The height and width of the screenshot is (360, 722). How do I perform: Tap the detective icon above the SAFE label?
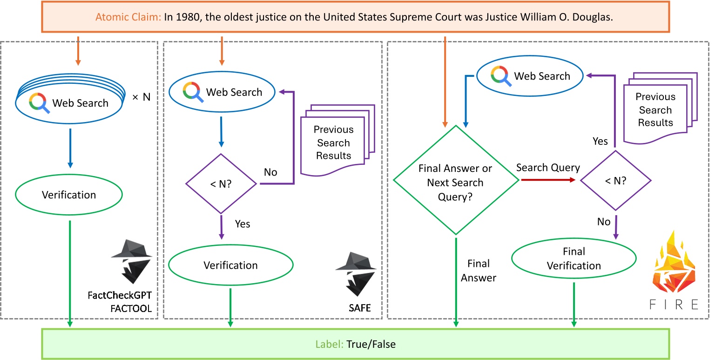click(x=353, y=274)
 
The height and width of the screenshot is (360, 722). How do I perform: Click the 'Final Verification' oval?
click(x=574, y=258)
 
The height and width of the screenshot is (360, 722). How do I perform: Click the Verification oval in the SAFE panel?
click(x=230, y=265)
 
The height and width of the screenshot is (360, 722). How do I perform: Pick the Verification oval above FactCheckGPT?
click(x=69, y=195)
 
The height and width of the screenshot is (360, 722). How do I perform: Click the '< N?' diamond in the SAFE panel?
click(x=221, y=184)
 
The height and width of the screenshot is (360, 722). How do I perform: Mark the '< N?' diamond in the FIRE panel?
click(x=615, y=181)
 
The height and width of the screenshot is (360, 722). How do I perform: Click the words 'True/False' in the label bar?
click(x=371, y=345)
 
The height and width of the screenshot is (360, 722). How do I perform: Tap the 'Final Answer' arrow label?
click(x=478, y=271)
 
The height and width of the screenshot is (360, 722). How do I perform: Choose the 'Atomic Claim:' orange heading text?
click(x=128, y=17)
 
